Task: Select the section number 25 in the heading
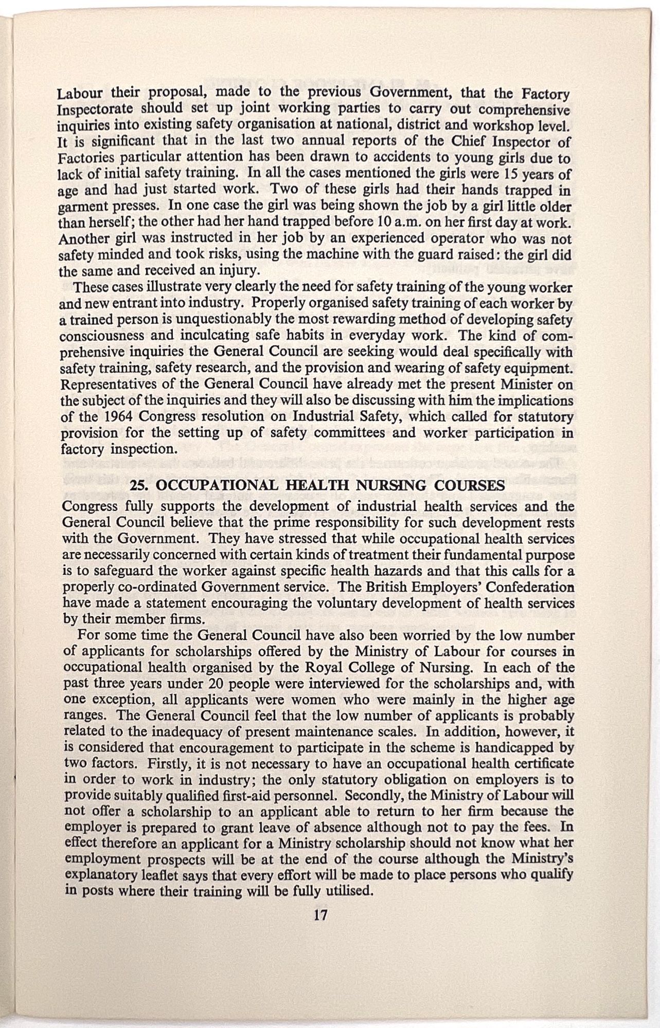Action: [138, 486]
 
